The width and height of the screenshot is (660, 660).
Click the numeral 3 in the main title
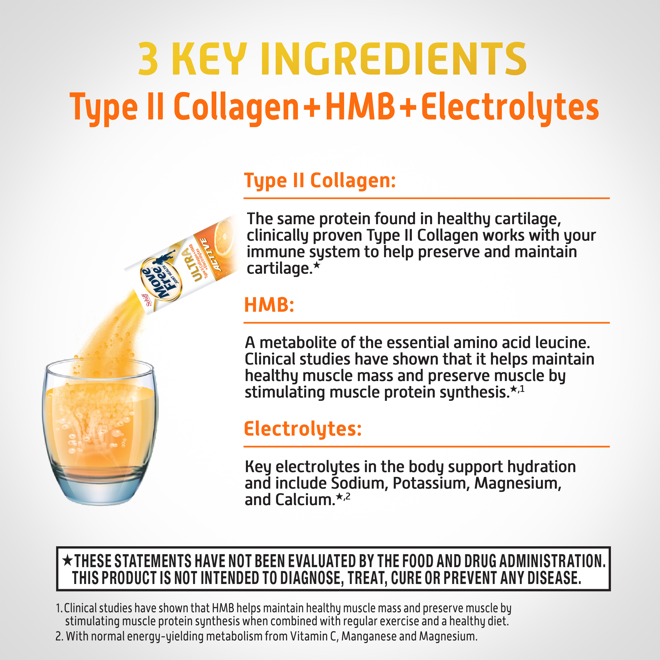point(148,59)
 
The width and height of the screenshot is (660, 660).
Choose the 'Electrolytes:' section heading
point(303,429)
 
